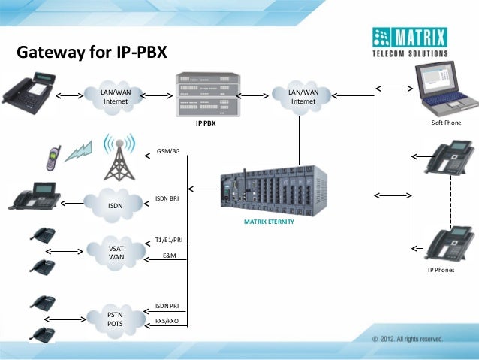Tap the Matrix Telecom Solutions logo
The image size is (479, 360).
pos(410,43)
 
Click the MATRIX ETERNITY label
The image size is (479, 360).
pos(269,223)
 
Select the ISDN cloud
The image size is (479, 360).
pos(116,204)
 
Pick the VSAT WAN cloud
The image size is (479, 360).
pos(116,253)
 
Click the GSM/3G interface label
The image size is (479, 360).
pos(168,151)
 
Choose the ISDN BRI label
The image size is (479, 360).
pos(167,198)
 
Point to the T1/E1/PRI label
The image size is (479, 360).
pos(167,240)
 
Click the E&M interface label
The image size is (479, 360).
pos(169,256)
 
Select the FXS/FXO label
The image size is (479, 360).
pos(167,320)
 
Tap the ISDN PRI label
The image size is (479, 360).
pos(167,306)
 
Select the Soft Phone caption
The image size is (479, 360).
pos(446,123)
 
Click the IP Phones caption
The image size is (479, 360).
pos(441,269)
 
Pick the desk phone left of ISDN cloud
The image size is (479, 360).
pos(35,196)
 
